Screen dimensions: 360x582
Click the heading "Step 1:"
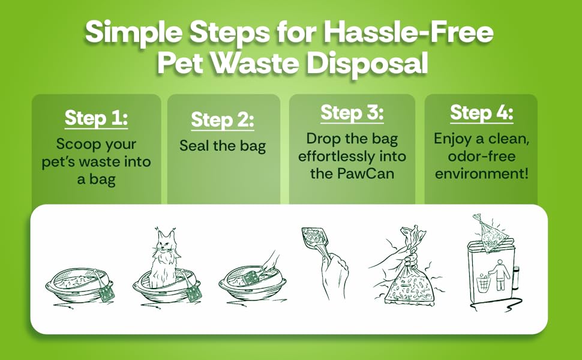[x=96, y=118]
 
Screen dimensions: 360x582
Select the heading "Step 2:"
[x=223, y=120]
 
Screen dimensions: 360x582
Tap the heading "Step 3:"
[x=352, y=112]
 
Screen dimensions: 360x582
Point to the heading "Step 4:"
[x=481, y=112]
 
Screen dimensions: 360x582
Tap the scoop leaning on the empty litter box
[x=106, y=292]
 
